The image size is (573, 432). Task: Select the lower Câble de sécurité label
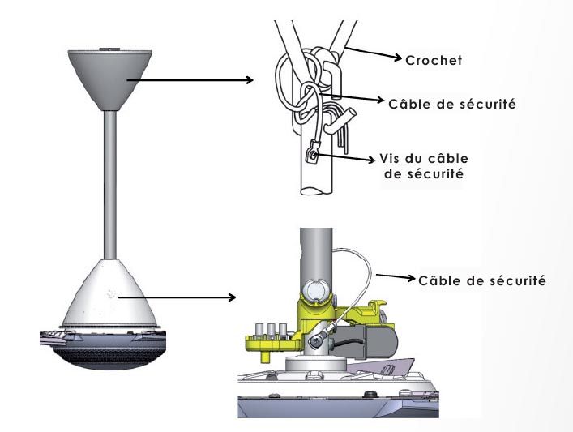pos(482,280)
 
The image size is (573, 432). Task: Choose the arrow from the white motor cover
pos(182,297)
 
